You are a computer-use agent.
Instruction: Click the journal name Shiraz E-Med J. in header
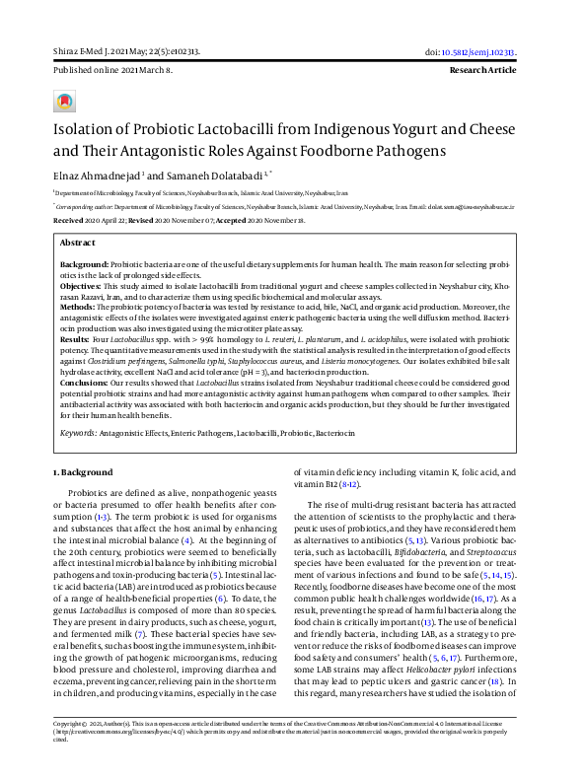pyautogui.click(x=82, y=51)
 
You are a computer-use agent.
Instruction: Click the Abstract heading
pyautogui.click(x=78, y=243)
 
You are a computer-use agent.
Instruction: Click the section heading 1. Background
pyautogui.click(x=85, y=473)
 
